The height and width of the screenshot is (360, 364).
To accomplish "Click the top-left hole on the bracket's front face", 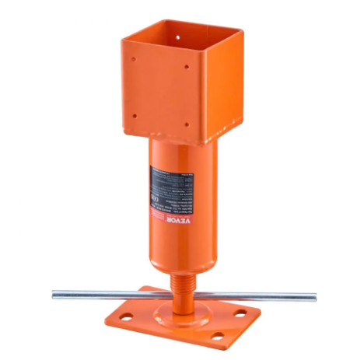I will click(x=134, y=58).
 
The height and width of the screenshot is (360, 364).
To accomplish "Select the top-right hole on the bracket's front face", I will click(x=187, y=67).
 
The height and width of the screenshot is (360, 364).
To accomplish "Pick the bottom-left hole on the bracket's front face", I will click(x=137, y=108).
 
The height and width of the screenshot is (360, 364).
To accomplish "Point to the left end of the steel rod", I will click(x=55, y=294).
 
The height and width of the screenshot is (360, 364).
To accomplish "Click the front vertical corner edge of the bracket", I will click(x=204, y=93).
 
